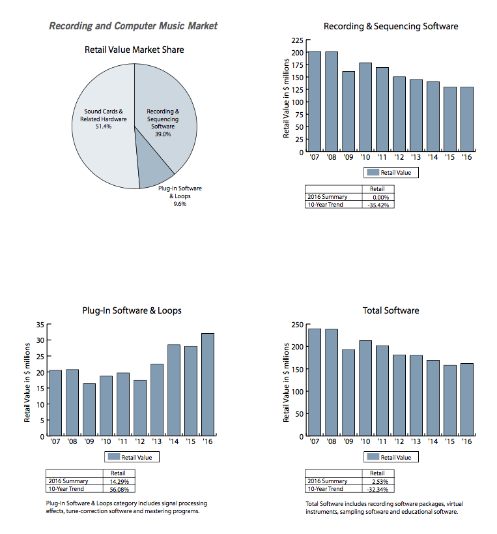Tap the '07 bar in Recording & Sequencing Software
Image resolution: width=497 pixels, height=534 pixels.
[x=314, y=101]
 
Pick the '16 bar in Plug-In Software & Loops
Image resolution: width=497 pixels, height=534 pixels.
[x=208, y=385]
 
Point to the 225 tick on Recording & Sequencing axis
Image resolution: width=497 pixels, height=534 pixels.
[x=296, y=40]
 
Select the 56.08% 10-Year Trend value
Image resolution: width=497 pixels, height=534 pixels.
[x=119, y=488]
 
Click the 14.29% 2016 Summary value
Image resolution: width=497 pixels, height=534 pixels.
[x=119, y=481]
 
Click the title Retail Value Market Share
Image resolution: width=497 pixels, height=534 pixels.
[x=134, y=50]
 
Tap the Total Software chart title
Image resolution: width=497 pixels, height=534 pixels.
[x=391, y=310]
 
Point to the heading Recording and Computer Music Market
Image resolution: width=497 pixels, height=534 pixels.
[x=134, y=26]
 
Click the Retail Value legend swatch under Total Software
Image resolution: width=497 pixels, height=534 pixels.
[x=373, y=457]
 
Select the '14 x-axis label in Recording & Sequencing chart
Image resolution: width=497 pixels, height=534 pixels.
[x=433, y=157]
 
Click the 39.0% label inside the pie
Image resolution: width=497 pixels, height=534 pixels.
[x=162, y=134]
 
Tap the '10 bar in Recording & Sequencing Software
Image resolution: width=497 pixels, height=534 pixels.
[x=365, y=108]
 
